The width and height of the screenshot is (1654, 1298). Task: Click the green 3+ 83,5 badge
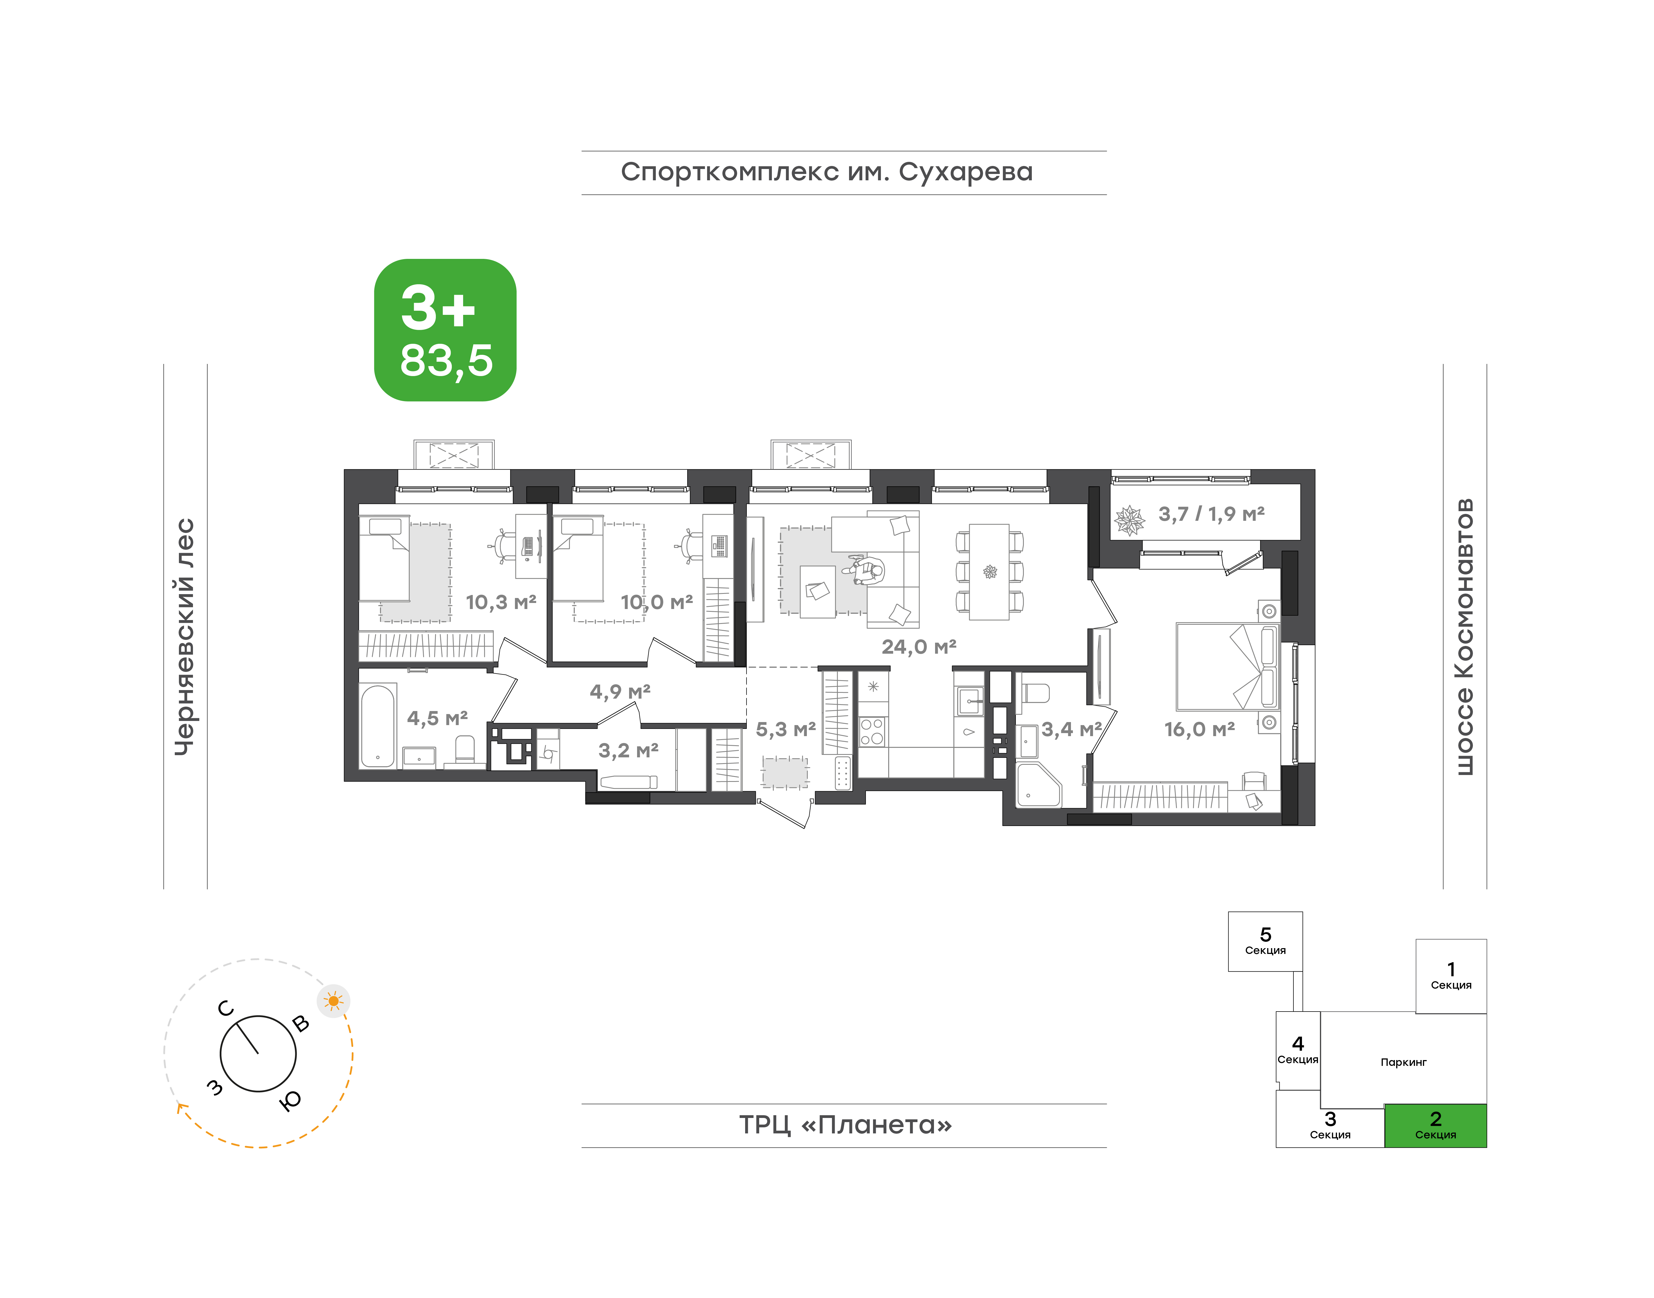coord(445,330)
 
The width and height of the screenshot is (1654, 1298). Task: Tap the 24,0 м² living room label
coord(919,647)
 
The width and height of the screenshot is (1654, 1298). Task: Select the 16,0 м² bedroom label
coord(1200,730)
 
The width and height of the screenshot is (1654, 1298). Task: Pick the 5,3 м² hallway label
coord(786,730)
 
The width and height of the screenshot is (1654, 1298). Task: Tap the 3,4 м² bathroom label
coord(1071,730)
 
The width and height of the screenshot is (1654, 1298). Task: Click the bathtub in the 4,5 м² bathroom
coord(378,726)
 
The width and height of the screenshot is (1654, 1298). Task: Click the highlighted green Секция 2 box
coord(1435,1125)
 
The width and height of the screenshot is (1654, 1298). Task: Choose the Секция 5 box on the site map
coord(1265,942)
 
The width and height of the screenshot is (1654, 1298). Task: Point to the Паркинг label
coord(1403,1063)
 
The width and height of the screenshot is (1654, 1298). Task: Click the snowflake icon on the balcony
coord(1129,521)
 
